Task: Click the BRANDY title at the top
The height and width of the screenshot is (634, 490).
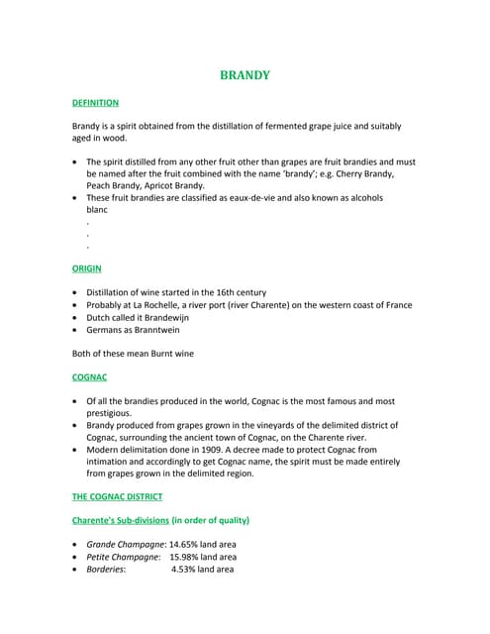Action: tap(245, 75)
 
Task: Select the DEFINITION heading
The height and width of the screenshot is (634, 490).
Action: tap(95, 102)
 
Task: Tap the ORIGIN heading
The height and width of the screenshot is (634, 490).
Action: tap(86, 268)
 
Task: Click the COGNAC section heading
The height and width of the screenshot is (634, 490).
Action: tap(90, 377)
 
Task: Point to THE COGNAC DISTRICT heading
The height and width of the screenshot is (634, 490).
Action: tap(117, 496)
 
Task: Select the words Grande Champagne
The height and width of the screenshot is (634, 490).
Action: tap(125, 544)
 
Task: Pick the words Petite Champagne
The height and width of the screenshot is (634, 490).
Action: tap(123, 557)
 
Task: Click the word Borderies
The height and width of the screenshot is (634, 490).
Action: tap(105, 570)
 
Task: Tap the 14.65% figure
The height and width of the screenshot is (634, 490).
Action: tap(185, 544)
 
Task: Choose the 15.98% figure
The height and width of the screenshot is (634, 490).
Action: tap(186, 557)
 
